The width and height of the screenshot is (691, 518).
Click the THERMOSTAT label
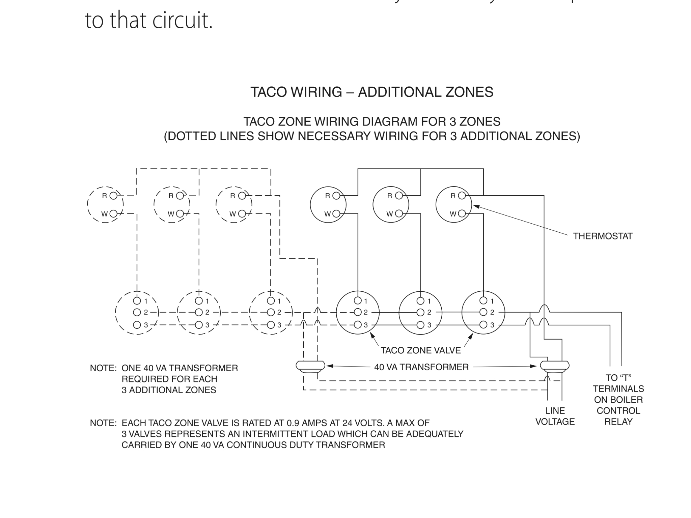pos(603,236)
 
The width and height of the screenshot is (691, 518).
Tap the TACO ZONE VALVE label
pos(421,350)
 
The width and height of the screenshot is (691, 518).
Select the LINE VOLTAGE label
pos(555,416)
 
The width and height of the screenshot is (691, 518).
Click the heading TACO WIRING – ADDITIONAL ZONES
pos(372,92)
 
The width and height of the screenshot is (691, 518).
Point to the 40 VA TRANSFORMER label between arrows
pos(421,367)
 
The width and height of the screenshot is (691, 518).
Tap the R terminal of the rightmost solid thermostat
pos(462,196)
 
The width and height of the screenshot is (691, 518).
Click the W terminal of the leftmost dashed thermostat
pos(113,213)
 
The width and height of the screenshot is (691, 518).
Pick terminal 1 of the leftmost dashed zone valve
pos(137,300)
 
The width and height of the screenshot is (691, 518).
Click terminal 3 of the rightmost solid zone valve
pos(483,325)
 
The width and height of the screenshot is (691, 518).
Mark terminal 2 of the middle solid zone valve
pos(420,312)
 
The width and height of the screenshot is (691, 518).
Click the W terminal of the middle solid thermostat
pos(399,213)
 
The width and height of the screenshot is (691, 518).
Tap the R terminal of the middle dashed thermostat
pos(180,196)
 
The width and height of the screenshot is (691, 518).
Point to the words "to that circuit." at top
pos(149,20)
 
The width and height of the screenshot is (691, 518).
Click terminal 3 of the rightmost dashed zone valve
pos(271,325)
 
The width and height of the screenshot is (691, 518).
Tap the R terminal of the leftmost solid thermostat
pos(336,196)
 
